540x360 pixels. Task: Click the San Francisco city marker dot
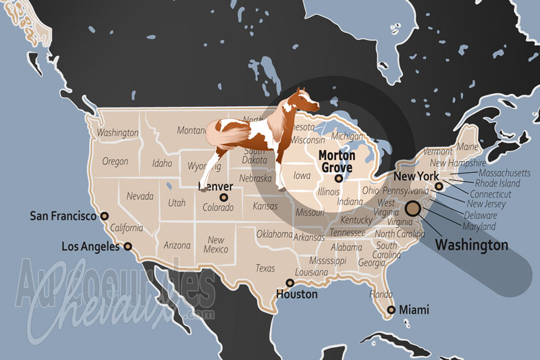pos(105,216)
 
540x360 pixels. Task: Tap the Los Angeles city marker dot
pos(128,247)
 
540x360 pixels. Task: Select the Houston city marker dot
pos(290,283)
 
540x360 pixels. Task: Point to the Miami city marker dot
pos(389,311)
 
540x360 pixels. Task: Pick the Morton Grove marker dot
pos(338,179)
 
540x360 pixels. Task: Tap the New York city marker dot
pos(439,186)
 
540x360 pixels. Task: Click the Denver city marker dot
pos(223,197)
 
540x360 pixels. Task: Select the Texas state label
pos(265,268)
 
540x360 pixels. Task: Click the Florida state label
pos(381,294)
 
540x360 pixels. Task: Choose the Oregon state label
pos(115,161)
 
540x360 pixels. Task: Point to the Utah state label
pos(177,202)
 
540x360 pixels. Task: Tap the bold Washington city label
pos(471,245)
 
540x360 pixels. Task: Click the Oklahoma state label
pos(274,234)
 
